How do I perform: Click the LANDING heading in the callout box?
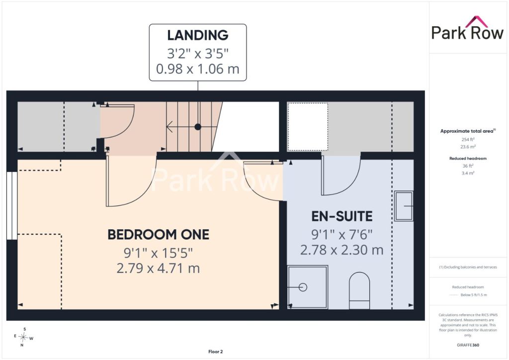tap(198, 35)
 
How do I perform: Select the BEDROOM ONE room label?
tap(159, 234)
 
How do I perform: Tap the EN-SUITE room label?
tap(342, 216)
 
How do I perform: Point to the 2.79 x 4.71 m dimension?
tap(158, 269)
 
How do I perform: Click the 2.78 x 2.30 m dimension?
tap(342, 250)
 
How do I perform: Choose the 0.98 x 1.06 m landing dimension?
tap(198, 69)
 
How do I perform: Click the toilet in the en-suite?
tap(359, 290)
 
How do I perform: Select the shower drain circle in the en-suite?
tap(303, 287)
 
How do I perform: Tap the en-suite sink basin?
tap(404, 206)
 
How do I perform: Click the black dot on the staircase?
tap(198, 127)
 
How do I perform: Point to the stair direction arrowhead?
tap(169, 127)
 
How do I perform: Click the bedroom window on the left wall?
tap(12, 206)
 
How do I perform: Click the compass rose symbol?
tap(24, 337)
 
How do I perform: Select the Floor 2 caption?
tap(216, 352)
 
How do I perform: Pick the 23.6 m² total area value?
tap(468, 147)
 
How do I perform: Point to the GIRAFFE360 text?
tap(468, 345)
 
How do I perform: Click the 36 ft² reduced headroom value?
tap(468, 166)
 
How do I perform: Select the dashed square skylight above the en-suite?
tap(308, 127)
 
